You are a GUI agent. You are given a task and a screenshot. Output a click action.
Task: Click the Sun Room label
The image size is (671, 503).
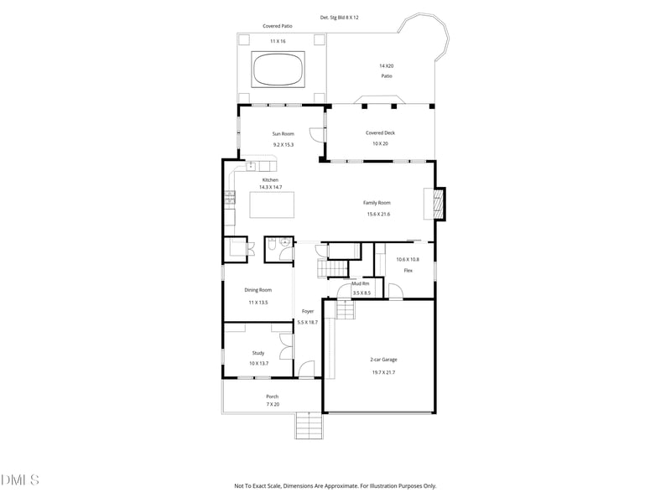point(283,133)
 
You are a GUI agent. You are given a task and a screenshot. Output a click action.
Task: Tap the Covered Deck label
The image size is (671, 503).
point(380,132)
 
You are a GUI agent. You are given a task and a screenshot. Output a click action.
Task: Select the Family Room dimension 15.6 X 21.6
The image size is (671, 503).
point(378,214)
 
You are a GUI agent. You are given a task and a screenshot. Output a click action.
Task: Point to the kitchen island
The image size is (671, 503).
point(272,205)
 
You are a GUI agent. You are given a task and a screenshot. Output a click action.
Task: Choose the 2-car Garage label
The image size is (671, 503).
point(383,360)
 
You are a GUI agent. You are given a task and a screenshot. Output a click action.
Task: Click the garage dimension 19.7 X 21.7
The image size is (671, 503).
point(383,372)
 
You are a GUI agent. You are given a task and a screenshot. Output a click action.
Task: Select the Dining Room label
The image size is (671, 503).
point(258,290)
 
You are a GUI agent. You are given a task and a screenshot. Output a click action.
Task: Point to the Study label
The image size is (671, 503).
point(258,353)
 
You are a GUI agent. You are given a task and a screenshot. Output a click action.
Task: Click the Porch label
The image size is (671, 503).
point(272,397)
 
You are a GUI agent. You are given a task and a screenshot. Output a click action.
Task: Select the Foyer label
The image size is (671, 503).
point(308,311)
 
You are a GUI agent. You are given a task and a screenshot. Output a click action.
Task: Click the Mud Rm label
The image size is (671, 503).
point(361,283)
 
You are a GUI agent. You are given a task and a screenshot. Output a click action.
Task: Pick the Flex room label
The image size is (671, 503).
point(408,271)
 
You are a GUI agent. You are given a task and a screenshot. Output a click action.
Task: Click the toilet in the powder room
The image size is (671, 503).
point(285,244)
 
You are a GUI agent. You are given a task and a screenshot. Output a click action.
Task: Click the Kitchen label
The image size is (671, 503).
point(270,180)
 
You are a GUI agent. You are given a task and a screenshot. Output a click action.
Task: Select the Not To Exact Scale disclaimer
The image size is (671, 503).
point(335,485)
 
